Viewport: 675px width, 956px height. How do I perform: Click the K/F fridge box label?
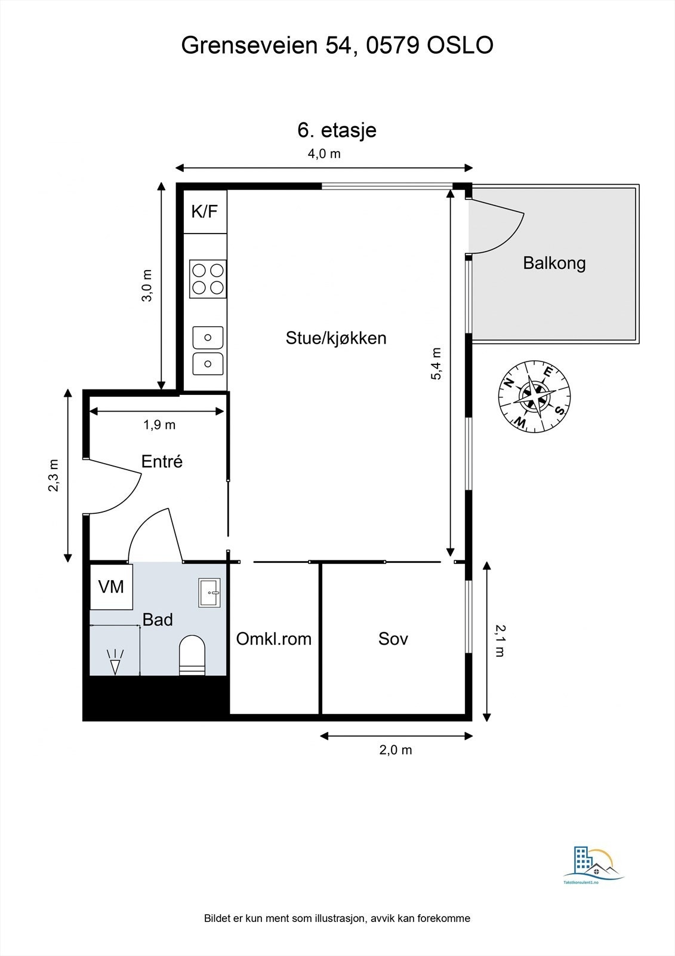pyautogui.click(x=205, y=211)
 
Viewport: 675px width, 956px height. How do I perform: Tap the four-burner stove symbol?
pyautogui.click(x=208, y=279)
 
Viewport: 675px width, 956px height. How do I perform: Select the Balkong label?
pyautogui.click(x=554, y=263)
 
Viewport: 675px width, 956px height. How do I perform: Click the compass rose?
pyautogui.click(x=534, y=395)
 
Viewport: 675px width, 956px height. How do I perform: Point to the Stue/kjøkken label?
pyautogui.click(x=336, y=338)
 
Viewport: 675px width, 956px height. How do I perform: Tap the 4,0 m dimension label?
pyautogui.click(x=324, y=154)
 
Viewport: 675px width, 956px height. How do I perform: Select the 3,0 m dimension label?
pyautogui.click(x=147, y=286)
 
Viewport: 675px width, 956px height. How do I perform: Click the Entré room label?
pyautogui.click(x=162, y=461)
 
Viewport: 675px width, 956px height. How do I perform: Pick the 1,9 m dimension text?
pyautogui.click(x=159, y=425)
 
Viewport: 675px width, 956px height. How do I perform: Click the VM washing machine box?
pyautogui.click(x=111, y=587)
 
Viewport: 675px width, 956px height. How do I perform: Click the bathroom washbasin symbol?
pyautogui.click(x=209, y=592)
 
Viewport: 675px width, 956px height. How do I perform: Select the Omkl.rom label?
pyautogui.click(x=274, y=639)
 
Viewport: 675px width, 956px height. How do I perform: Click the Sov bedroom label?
pyautogui.click(x=393, y=639)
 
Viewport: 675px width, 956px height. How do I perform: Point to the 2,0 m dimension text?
pyautogui.click(x=396, y=750)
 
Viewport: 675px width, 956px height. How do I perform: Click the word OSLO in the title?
pyautogui.click(x=460, y=45)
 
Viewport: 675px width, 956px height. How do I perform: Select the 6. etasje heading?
pyautogui.click(x=337, y=130)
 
